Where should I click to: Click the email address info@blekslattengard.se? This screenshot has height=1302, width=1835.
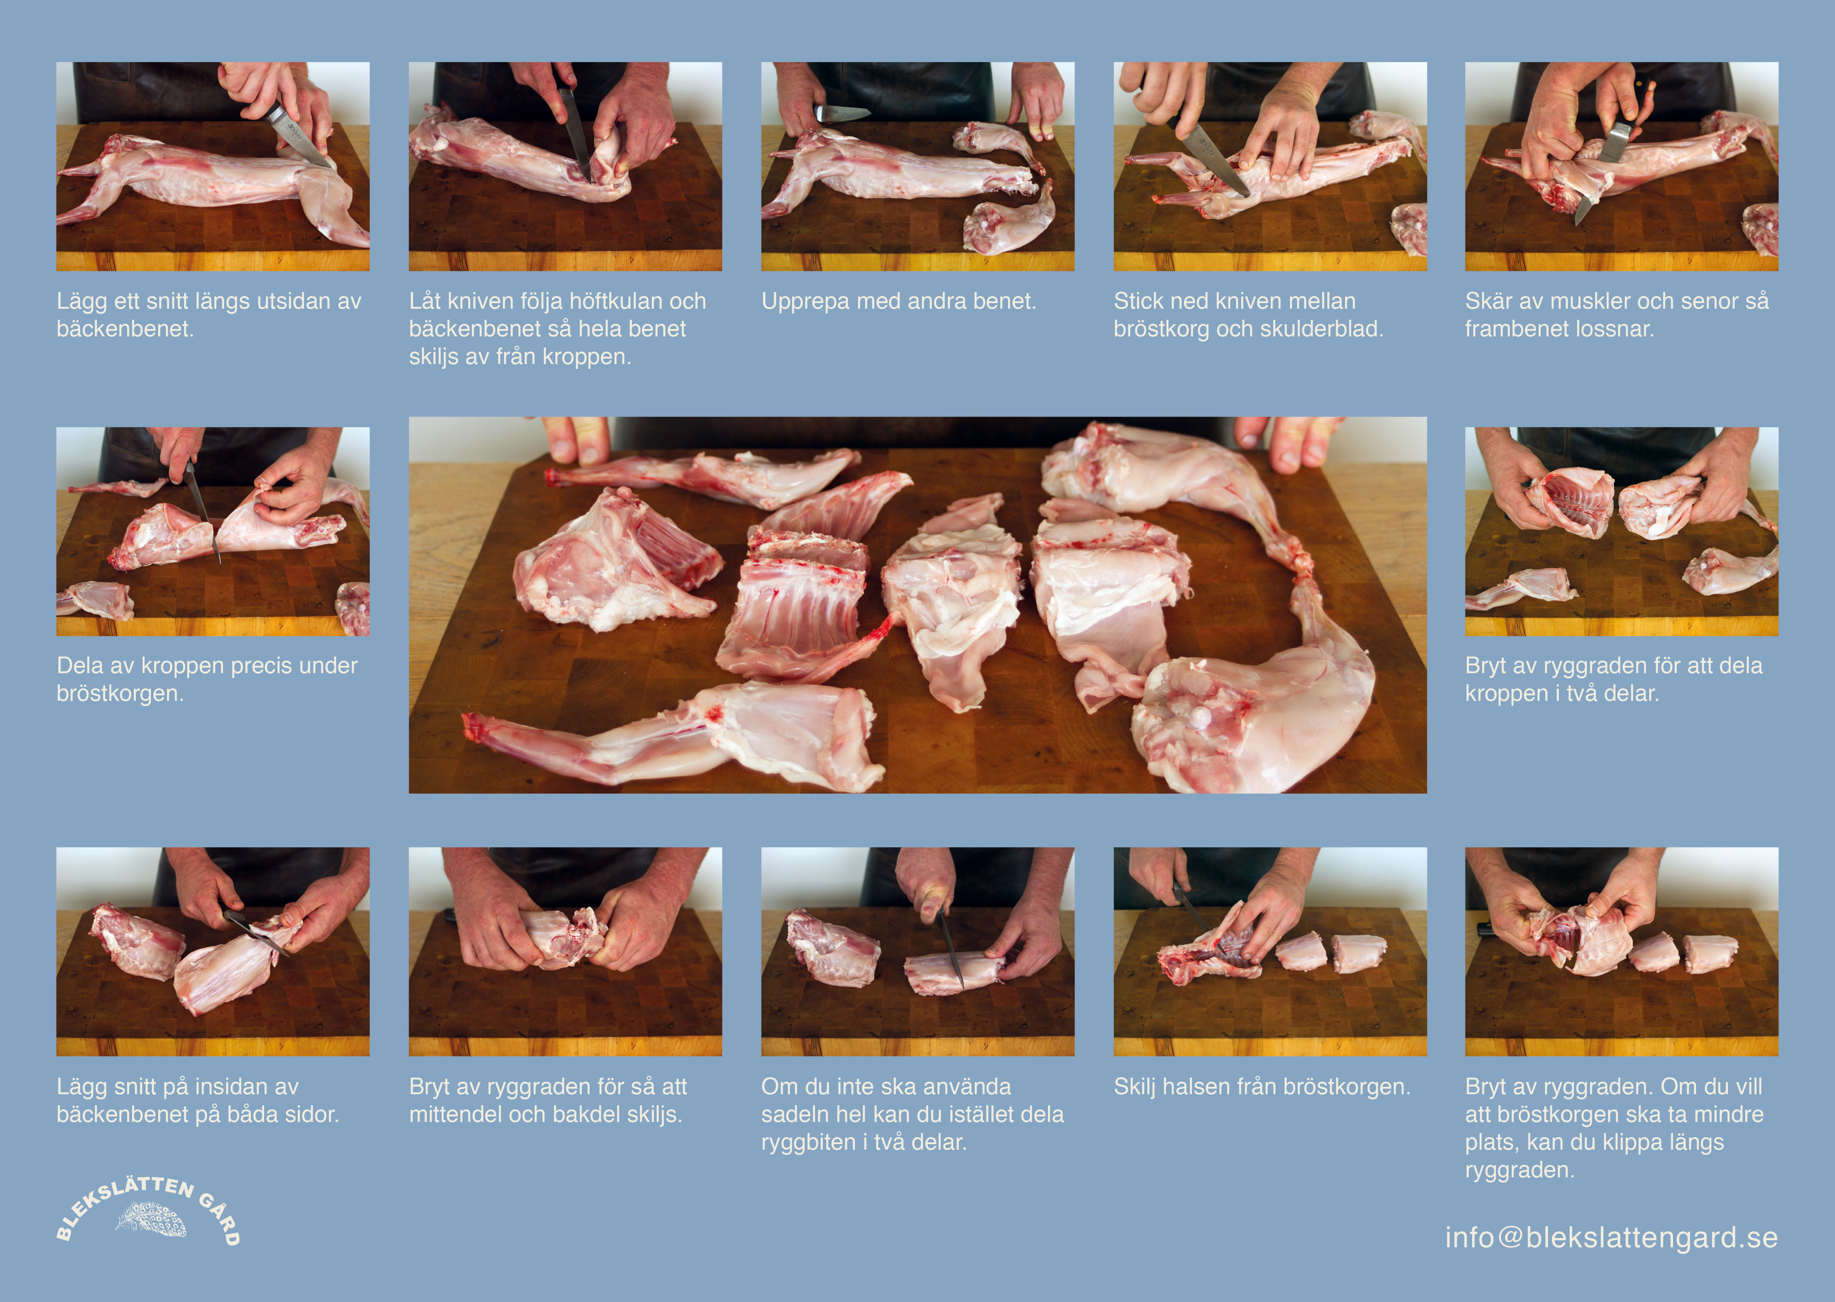point(1611,1237)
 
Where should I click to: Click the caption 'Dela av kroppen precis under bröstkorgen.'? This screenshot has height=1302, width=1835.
point(207,679)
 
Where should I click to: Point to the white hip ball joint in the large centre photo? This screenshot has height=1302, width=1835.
point(1199,717)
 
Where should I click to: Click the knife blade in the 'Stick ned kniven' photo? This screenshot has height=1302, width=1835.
point(1216,160)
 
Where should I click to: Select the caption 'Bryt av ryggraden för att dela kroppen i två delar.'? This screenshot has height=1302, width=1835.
point(1614,679)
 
